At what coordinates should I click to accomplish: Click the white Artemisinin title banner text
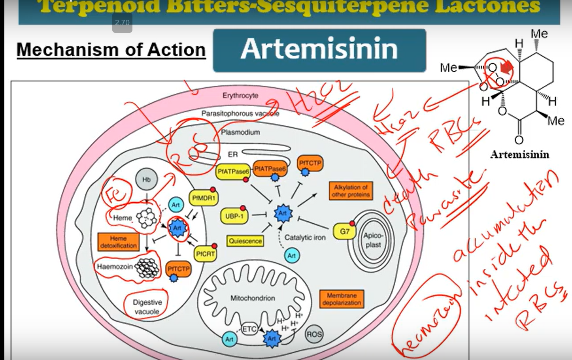click(319, 49)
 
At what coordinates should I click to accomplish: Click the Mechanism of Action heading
click(111, 50)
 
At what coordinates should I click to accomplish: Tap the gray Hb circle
click(146, 179)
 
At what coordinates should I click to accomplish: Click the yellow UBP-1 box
click(234, 216)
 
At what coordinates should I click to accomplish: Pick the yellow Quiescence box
click(245, 241)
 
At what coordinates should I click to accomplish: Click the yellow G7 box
click(344, 231)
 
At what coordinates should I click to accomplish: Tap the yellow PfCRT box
click(205, 254)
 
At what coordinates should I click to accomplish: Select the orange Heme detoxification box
click(118, 242)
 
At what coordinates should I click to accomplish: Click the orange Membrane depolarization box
click(342, 299)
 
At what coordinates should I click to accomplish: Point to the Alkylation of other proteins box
click(351, 191)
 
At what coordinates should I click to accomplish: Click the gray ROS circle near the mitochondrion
click(314, 334)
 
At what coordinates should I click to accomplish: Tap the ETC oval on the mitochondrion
click(249, 329)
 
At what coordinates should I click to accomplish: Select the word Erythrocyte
click(240, 96)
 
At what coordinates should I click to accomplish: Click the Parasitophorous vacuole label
click(240, 113)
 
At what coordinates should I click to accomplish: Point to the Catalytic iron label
click(305, 237)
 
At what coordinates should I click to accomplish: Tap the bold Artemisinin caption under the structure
click(519, 155)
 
